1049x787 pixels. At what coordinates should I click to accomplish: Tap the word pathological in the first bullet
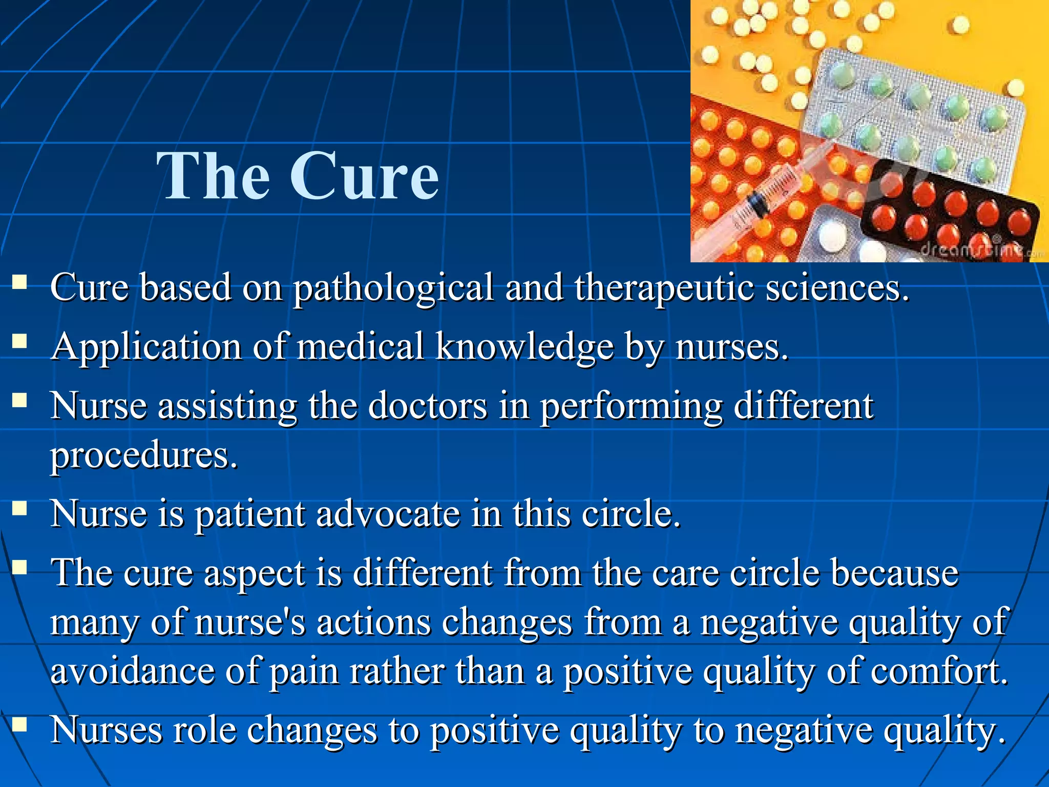393,288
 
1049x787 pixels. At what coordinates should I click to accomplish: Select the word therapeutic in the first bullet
664,288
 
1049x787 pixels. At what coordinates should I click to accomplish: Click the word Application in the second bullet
146,347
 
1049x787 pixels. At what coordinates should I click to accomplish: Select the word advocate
388,513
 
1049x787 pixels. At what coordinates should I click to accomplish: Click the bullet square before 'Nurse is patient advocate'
20,508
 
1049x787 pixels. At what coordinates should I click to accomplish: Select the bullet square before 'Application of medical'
20,341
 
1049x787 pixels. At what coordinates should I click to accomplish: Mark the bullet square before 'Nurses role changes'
20,724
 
